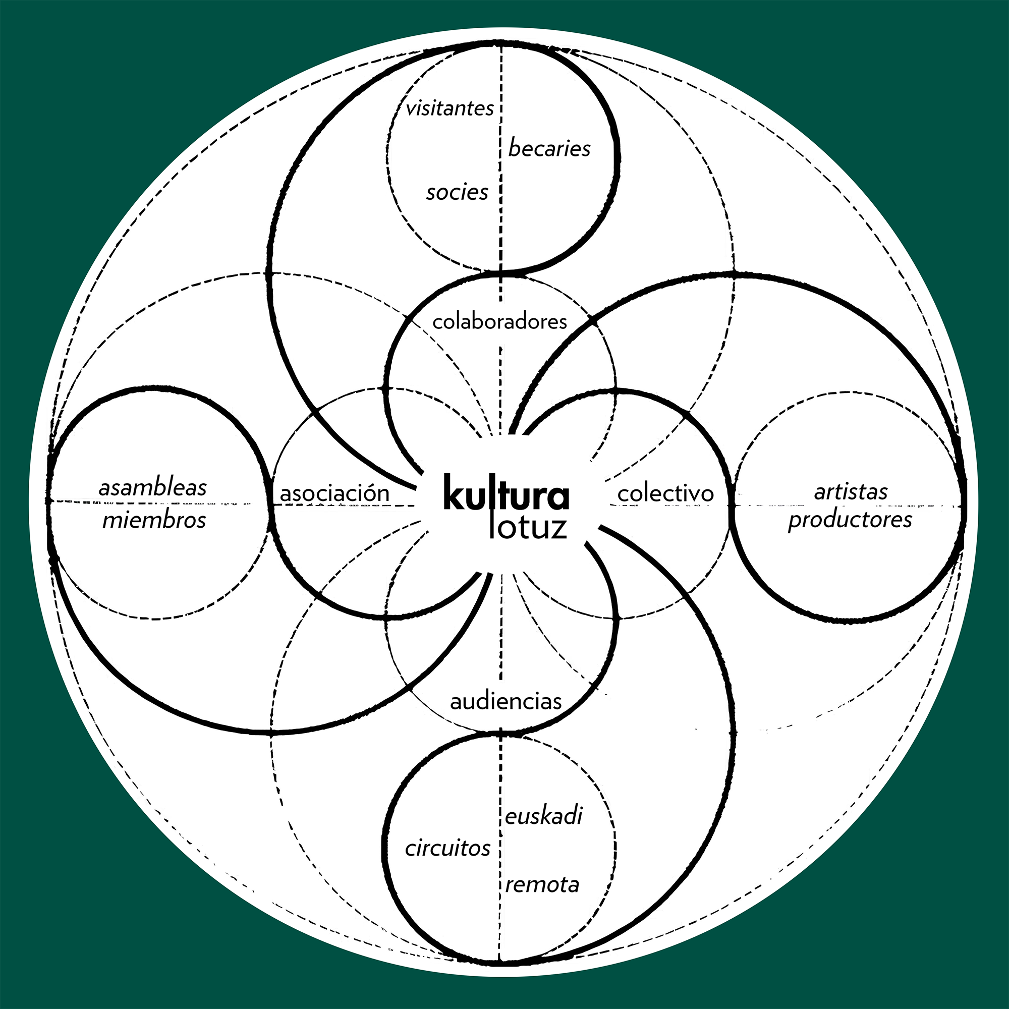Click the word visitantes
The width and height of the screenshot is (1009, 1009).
(x=450, y=108)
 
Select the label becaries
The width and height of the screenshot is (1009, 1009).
(x=549, y=149)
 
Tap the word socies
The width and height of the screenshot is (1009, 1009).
(x=457, y=193)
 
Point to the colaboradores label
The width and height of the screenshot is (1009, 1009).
(x=500, y=322)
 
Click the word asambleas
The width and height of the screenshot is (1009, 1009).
(x=152, y=488)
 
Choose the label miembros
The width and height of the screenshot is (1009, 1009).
(x=154, y=521)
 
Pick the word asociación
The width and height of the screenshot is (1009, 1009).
(x=335, y=493)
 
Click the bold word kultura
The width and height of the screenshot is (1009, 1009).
(x=506, y=493)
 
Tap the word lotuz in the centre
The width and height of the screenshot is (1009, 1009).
(x=528, y=528)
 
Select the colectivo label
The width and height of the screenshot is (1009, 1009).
(x=665, y=493)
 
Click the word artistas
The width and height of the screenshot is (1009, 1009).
(x=851, y=491)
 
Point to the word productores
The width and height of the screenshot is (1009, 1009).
(x=850, y=520)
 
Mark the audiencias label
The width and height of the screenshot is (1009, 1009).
(x=506, y=701)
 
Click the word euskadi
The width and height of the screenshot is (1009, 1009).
(x=544, y=816)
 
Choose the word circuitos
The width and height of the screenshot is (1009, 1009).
(x=447, y=848)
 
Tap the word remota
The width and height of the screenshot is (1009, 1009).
(x=542, y=885)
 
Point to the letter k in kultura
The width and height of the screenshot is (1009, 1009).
(x=454, y=493)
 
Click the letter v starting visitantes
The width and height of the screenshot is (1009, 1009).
(x=411, y=109)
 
